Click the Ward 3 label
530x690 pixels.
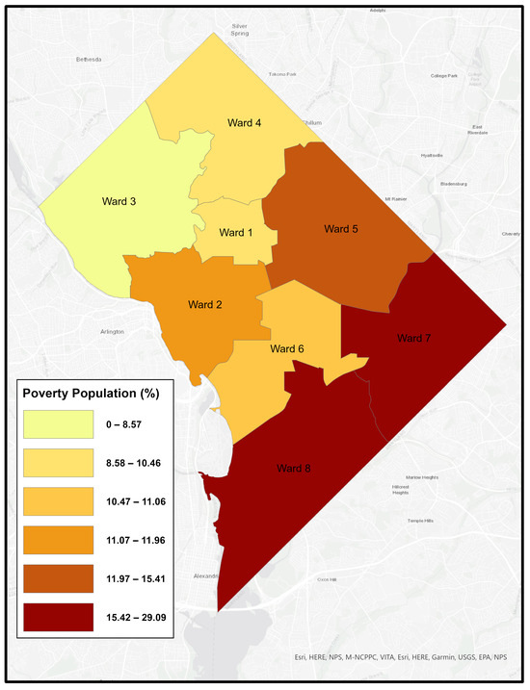pyautogui.click(x=119, y=202)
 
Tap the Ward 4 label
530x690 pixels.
pyautogui.click(x=245, y=123)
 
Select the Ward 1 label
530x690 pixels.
pyautogui.click(x=236, y=233)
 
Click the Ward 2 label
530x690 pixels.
pyautogui.click(x=203, y=305)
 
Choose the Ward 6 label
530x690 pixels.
pyautogui.click(x=287, y=348)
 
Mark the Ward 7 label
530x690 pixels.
pyautogui.click(x=415, y=338)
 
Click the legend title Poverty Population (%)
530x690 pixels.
pyautogui.click(x=92, y=393)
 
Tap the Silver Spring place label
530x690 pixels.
pyautogui.click(x=241, y=31)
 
